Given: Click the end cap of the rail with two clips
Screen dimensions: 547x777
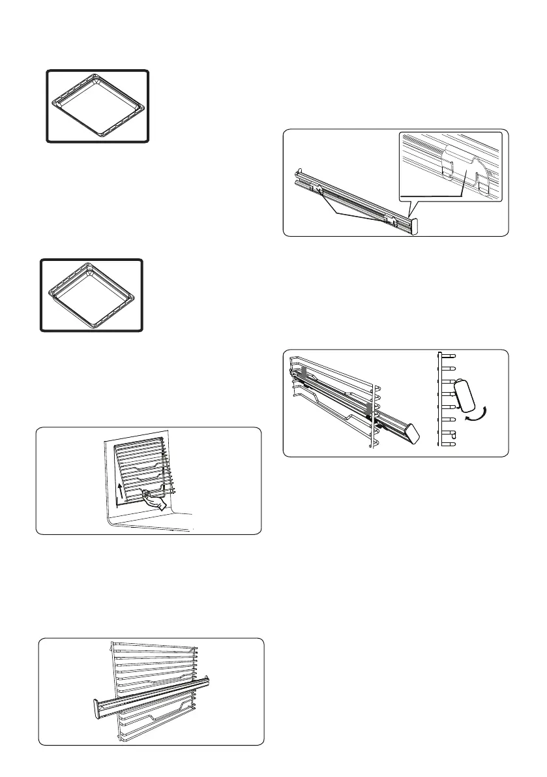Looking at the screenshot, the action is tap(413, 225).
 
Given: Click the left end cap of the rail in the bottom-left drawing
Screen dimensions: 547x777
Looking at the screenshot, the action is tap(96, 708).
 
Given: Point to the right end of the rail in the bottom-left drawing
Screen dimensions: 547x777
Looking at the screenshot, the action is tap(209, 680).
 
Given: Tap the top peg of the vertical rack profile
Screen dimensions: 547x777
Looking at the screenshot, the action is tap(449, 356).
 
